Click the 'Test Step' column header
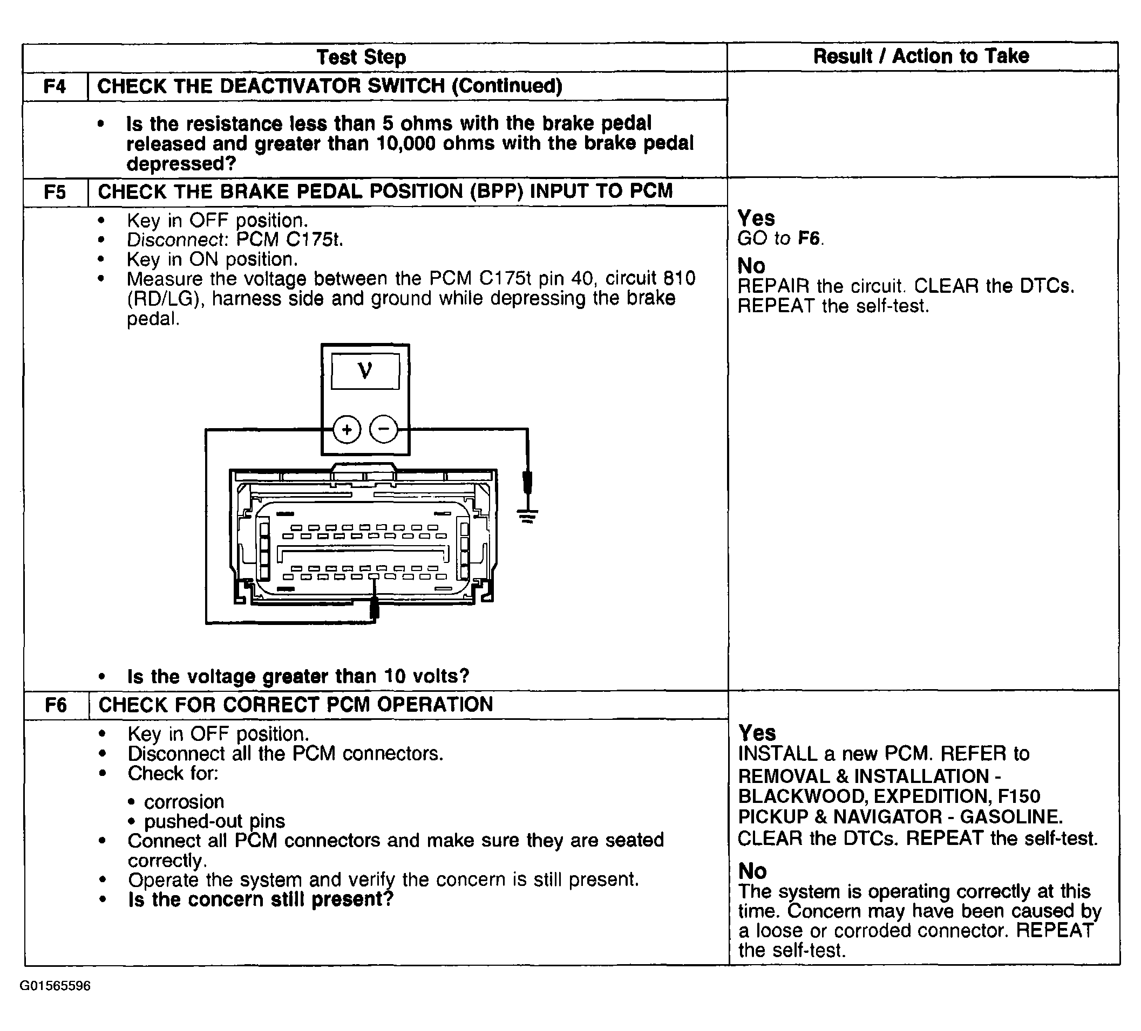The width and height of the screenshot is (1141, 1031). (x=361, y=57)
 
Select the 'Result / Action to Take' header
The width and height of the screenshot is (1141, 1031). (x=921, y=56)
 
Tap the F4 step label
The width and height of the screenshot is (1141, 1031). (x=55, y=86)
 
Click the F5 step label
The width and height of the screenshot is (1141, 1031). (x=55, y=193)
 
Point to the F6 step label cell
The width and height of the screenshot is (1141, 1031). (x=56, y=705)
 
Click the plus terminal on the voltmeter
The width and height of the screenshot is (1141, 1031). (x=347, y=430)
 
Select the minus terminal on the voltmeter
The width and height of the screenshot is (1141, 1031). (x=384, y=429)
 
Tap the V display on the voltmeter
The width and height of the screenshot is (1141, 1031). (x=365, y=371)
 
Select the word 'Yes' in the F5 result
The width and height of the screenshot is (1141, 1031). (x=756, y=218)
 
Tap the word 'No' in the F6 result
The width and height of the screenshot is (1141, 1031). (x=752, y=871)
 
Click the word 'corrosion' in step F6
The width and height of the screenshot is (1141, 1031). (x=184, y=801)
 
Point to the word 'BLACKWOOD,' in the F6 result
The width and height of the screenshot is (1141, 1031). (x=803, y=796)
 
